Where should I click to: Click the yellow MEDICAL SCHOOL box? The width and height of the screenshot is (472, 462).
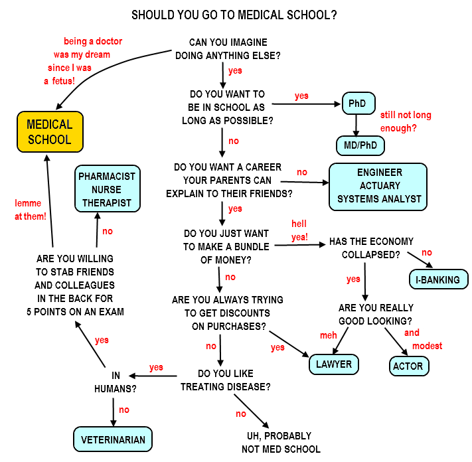[50, 131]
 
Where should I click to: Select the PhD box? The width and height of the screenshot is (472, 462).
[358, 104]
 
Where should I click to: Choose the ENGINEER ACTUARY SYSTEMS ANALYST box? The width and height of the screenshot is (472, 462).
[378, 186]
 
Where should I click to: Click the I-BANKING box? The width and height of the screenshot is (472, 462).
[438, 279]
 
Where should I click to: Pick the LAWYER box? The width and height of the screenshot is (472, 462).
[334, 364]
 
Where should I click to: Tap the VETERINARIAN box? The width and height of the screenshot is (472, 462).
[112, 439]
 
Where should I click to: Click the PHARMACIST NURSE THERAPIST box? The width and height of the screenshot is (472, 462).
[108, 189]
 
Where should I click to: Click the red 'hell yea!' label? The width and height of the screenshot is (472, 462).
[299, 230]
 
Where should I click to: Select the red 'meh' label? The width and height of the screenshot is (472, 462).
[329, 335]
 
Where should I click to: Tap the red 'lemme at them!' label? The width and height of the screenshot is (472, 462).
[29, 210]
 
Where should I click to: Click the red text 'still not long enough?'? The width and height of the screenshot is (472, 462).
[406, 121]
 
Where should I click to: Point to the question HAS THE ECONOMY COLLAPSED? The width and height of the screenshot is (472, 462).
[371, 248]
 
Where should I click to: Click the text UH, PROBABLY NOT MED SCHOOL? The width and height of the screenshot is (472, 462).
[281, 442]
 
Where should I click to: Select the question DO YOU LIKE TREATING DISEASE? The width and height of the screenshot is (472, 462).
[225, 380]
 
